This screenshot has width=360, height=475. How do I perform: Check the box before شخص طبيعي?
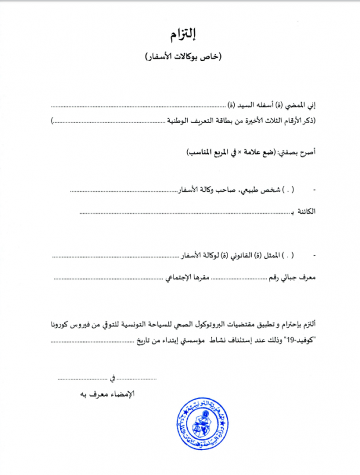pos(288,191)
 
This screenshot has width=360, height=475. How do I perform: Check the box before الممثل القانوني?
pos(288,255)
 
